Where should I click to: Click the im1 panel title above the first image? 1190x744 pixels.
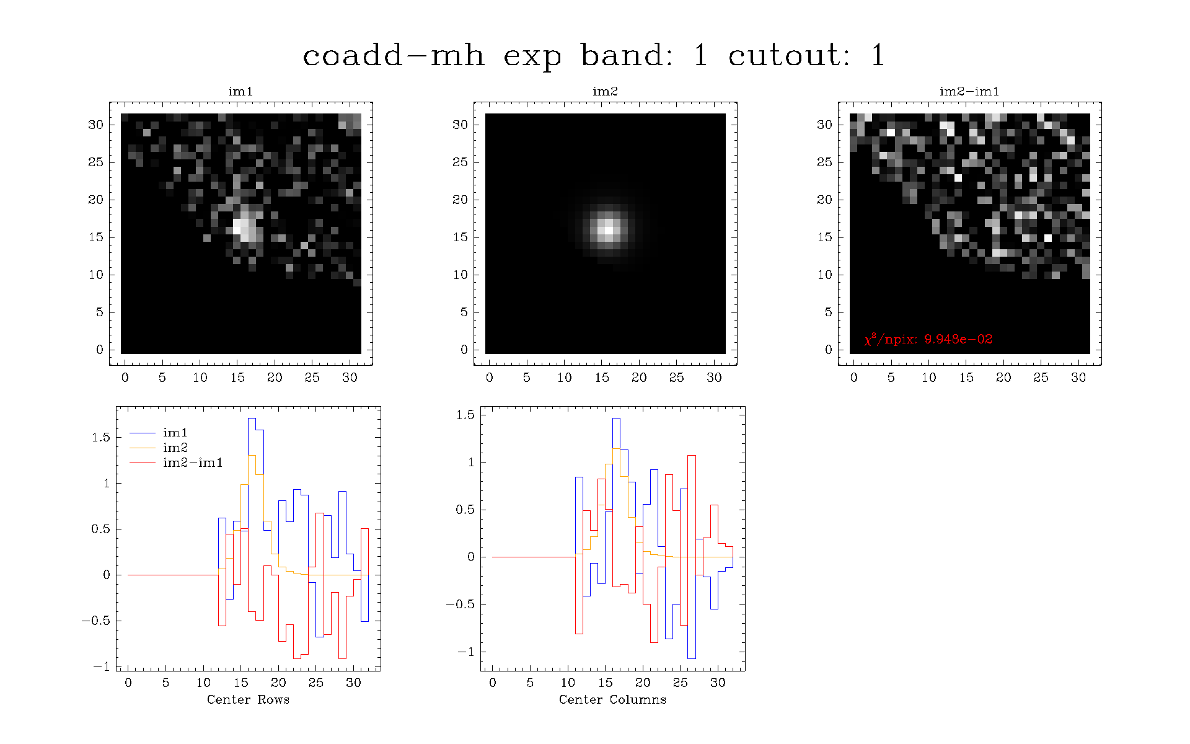tap(240, 91)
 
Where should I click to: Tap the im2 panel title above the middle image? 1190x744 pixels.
tap(605, 91)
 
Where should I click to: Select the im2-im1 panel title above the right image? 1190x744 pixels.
tap(969, 91)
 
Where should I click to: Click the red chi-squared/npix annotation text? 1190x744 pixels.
tap(928, 339)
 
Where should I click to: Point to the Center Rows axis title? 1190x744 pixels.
tap(248, 699)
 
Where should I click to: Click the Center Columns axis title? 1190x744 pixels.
tap(612, 699)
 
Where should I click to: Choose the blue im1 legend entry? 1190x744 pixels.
tap(159, 433)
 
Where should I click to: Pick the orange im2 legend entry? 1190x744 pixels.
tap(159, 448)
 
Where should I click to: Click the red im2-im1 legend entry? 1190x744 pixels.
tap(176, 463)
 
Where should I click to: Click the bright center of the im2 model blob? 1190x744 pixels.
tap(609, 230)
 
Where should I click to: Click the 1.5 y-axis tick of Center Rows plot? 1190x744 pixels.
tap(101, 437)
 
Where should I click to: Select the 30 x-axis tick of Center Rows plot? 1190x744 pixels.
tap(353, 683)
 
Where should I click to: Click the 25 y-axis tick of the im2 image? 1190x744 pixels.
tap(460, 162)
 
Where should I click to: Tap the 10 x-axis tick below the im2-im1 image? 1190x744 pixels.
tap(928, 377)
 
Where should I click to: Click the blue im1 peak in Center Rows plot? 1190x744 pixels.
tap(252, 418)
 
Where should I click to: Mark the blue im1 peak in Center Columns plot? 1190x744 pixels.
tap(616, 418)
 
